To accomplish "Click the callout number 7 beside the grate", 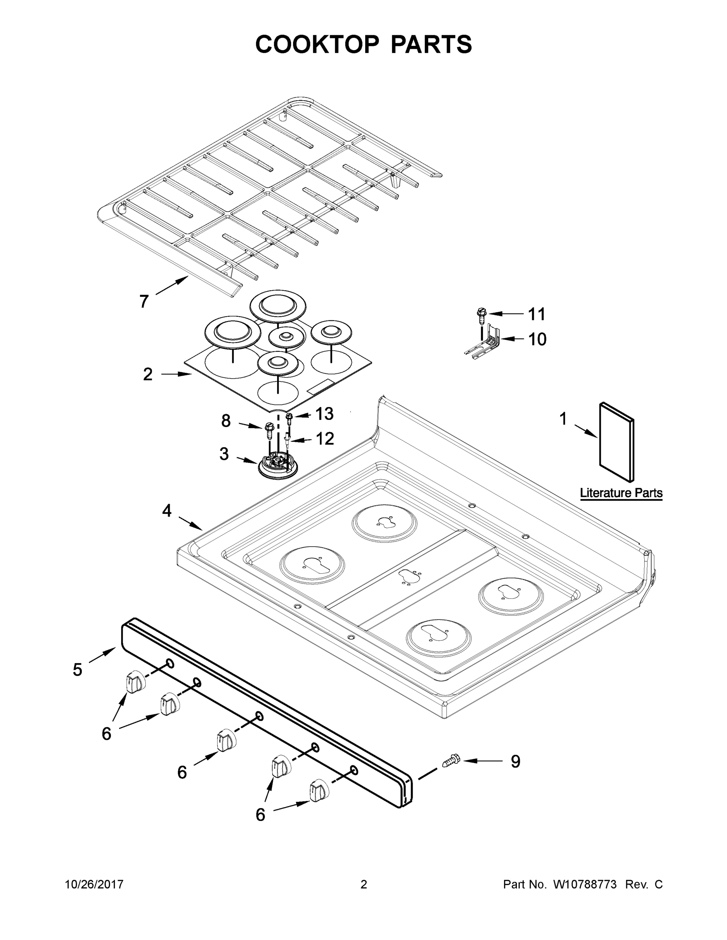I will (144, 301).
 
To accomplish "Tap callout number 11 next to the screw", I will (537, 314).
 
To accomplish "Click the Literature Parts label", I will (621, 493).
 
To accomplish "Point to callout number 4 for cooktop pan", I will (167, 511).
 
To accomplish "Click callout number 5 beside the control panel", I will (78, 670).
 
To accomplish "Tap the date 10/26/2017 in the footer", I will (94, 884).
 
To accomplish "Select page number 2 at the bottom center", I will (364, 884).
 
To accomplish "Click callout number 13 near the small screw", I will (324, 414).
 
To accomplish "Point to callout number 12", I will (325, 439).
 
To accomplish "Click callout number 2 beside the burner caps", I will (148, 374).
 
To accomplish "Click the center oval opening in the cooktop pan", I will (410, 576).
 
